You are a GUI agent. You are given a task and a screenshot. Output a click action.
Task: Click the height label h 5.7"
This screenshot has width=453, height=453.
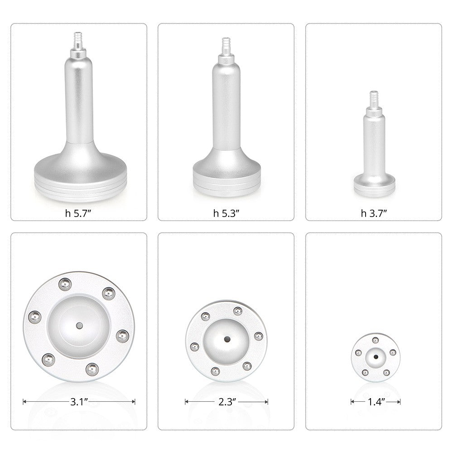click(79, 213)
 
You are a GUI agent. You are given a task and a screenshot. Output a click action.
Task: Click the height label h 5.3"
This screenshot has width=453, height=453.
click(226, 213)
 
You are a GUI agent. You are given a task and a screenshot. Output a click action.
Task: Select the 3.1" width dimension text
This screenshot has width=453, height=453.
click(79, 401)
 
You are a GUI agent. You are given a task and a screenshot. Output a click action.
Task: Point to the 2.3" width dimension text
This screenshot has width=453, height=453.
click(226, 401)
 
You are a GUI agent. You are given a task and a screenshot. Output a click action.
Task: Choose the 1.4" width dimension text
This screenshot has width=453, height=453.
click(375, 401)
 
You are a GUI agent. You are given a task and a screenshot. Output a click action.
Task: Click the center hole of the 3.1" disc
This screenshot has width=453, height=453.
click(79, 325)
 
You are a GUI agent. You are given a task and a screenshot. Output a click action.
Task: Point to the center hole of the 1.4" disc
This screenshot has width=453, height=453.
click(376, 357)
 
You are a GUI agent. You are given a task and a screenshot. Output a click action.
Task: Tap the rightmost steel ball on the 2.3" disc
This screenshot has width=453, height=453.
click(258, 336)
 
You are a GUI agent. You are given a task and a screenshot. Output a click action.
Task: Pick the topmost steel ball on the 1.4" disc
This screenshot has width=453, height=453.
click(375, 340)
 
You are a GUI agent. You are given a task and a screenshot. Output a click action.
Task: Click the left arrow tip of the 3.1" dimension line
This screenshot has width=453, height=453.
click(24, 401)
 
